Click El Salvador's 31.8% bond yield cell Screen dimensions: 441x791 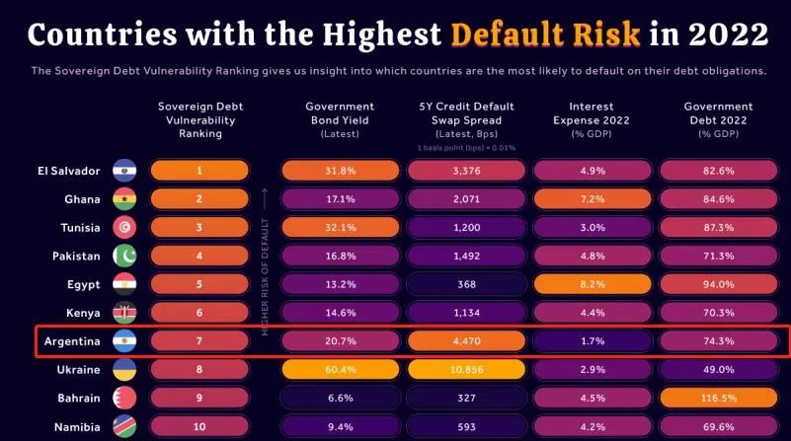(x=340, y=171)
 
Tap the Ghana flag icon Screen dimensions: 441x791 (x=124, y=199)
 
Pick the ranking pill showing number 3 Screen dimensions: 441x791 (x=198, y=228)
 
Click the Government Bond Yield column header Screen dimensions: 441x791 (x=340, y=118)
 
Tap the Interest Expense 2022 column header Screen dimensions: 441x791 (x=593, y=118)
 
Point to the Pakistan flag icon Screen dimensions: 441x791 (x=124, y=257)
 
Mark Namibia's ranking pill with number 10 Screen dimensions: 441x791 (x=198, y=428)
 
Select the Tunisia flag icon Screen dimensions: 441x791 (x=124, y=228)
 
